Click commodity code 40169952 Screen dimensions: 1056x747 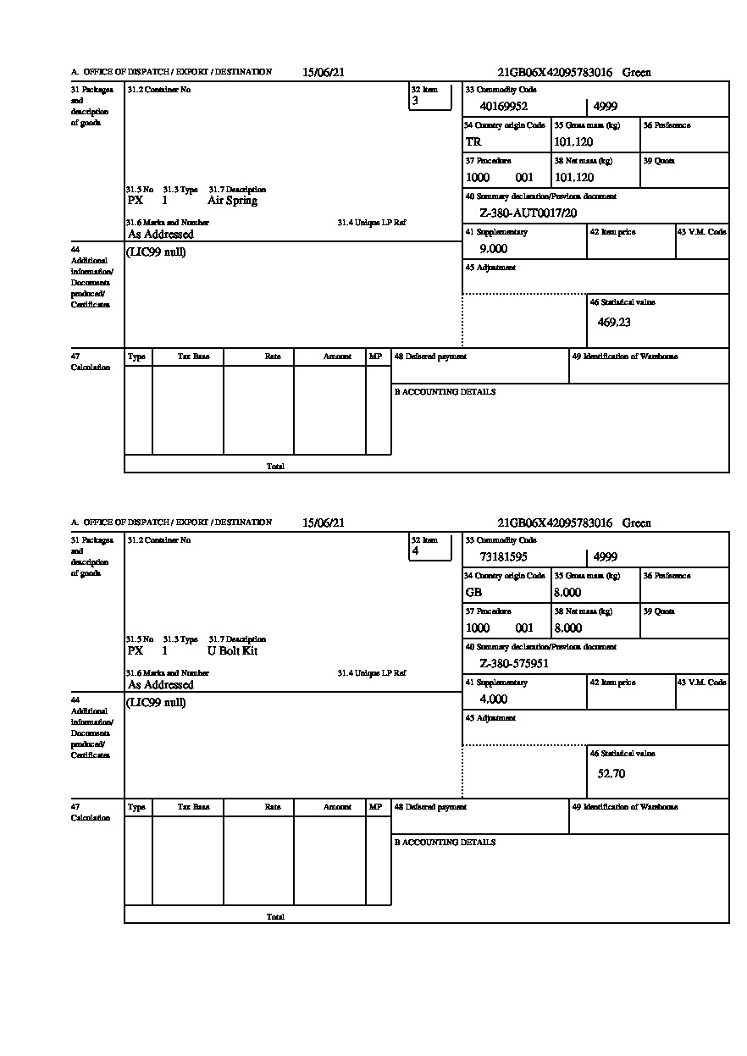point(503,106)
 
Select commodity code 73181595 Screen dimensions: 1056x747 point(503,556)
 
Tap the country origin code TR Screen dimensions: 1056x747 point(473,141)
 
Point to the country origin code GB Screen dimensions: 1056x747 point(474,592)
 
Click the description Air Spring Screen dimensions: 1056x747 point(232,201)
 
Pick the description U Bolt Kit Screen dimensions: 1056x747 point(232,650)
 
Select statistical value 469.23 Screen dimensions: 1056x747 point(614,322)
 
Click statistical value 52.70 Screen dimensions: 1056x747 point(611,772)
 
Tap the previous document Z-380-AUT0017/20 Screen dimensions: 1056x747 point(528,213)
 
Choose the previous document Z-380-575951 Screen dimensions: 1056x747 point(514,663)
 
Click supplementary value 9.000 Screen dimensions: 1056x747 point(493,248)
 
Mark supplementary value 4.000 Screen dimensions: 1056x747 point(493,699)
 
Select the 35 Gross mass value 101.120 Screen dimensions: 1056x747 point(573,141)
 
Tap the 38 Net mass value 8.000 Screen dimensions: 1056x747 point(567,628)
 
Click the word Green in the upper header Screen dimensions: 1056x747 point(637,73)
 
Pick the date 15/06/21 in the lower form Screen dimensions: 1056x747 point(324,522)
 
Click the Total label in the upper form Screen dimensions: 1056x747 point(275,466)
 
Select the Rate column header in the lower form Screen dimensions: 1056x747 point(272,807)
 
